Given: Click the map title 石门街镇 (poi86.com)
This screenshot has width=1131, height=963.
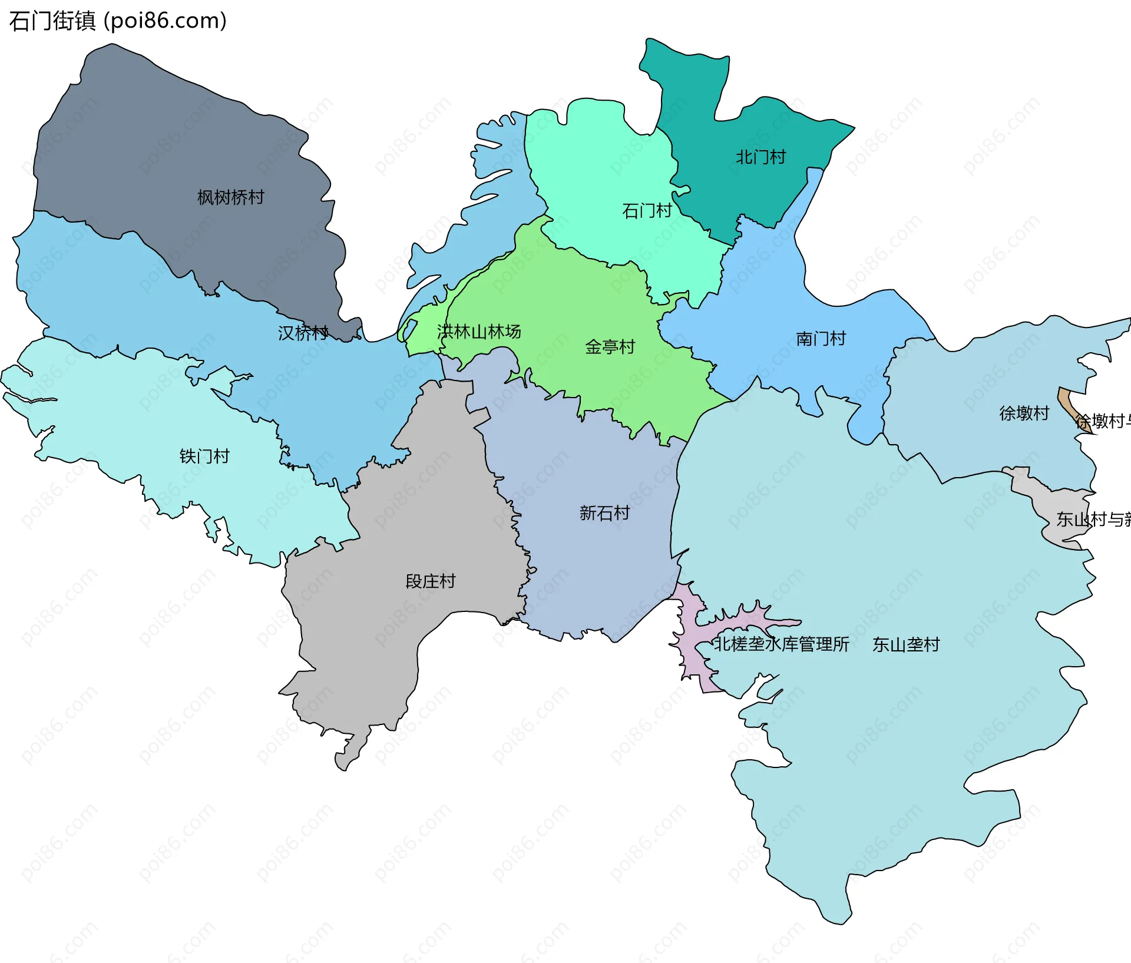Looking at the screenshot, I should pyautogui.click(x=118, y=21).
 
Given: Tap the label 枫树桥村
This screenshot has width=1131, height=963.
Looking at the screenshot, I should pyautogui.click(x=230, y=197).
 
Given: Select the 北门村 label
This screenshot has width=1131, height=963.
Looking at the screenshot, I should pyautogui.click(x=760, y=157).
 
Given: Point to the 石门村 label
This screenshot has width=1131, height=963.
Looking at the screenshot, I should pyautogui.click(x=647, y=211).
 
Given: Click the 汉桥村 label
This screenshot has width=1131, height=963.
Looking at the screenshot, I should pyautogui.click(x=303, y=333).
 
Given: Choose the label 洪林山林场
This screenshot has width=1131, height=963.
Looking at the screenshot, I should pyautogui.click(x=479, y=332).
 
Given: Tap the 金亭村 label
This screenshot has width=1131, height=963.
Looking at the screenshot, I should pyautogui.click(x=610, y=347).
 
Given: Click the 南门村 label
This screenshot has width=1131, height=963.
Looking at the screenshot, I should pyautogui.click(x=821, y=339).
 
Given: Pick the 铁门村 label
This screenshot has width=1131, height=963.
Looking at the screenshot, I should pyautogui.click(x=204, y=456).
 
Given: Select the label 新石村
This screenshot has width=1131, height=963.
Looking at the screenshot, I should pyautogui.click(x=604, y=513).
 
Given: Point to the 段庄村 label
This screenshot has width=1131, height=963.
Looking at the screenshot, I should pyautogui.click(x=431, y=581).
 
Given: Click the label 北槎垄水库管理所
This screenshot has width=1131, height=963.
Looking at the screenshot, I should pyautogui.click(x=781, y=644).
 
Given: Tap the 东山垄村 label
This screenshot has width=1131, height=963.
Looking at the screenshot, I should pyautogui.click(x=906, y=645).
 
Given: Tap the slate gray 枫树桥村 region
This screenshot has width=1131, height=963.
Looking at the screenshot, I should pyautogui.click(x=177, y=147).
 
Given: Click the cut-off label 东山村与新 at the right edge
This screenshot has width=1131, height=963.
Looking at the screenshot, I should pyautogui.click(x=1093, y=519).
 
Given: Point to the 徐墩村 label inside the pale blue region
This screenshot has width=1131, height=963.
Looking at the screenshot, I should pyautogui.click(x=1024, y=413).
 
